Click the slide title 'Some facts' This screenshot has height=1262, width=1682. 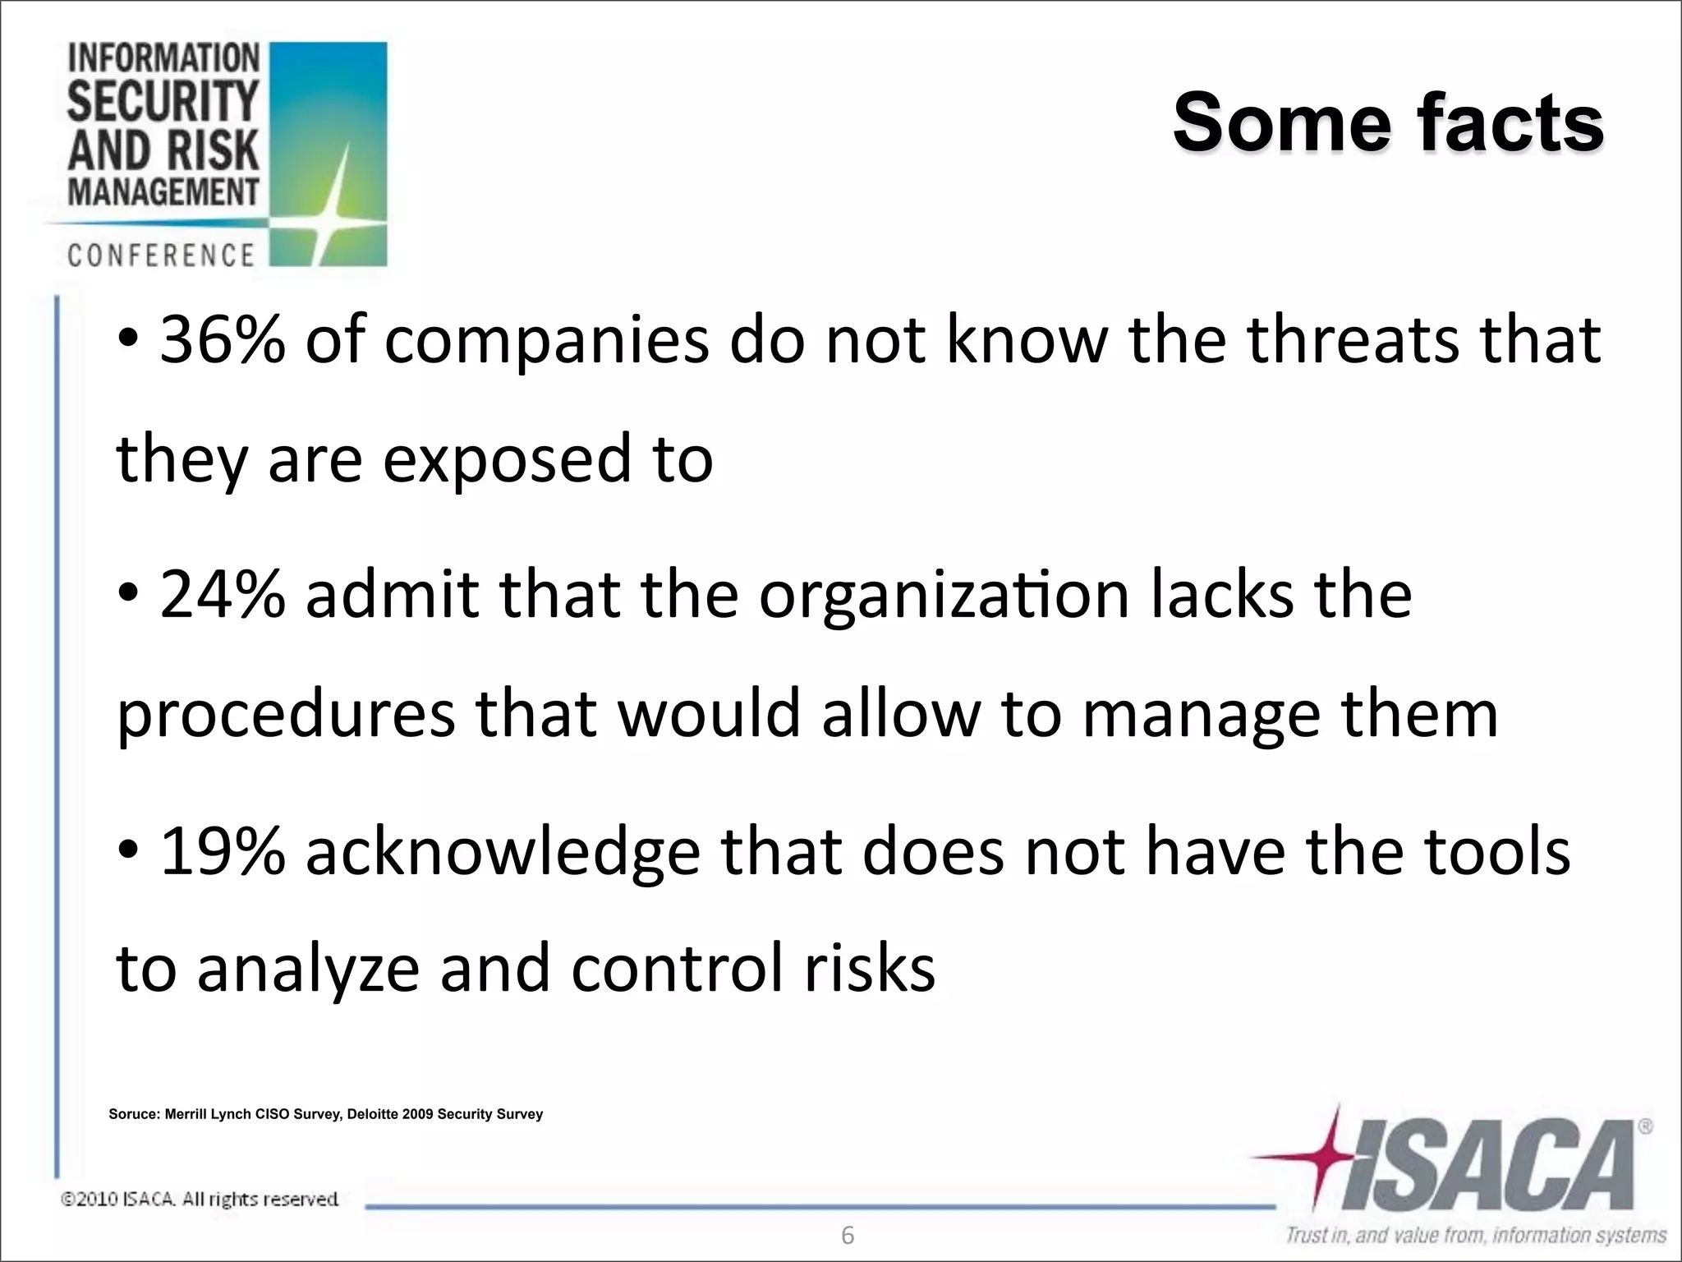pyautogui.click(x=1388, y=123)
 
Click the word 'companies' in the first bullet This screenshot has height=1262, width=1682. pyautogui.click(x=546, y=341)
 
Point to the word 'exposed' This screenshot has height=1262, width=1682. pyautogui.click(x=507, y=460)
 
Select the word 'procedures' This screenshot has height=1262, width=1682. pyautogui.click(x=286, y=715)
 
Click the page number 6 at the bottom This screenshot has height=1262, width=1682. pyautogui.click(x=848, y=1235)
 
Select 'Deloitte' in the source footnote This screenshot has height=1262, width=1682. pyautogui.click(x=373, y=1115)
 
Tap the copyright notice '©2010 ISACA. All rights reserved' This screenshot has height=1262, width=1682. pyautogui.click(x=200, y=1200)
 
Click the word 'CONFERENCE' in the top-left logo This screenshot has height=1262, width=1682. pyautogui.click(x=161, y=255)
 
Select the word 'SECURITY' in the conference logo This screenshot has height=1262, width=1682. pyautogui.click(x=163, y=102)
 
